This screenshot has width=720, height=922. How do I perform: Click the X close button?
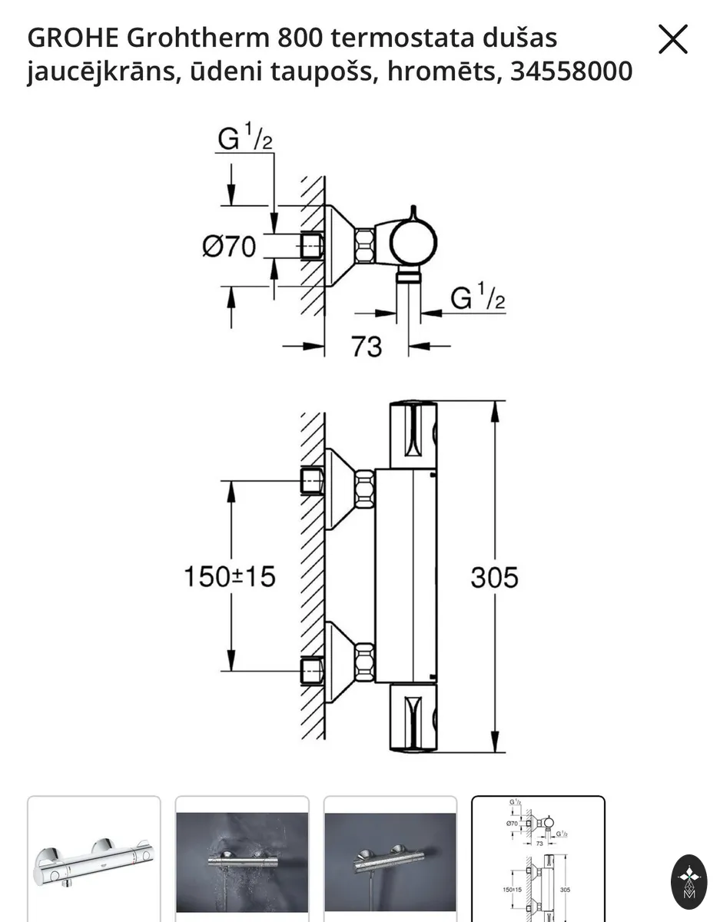click(x=672, y=39)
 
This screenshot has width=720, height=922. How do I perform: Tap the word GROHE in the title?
click(x=73, y=38)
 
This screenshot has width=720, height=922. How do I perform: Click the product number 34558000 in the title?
click(x=571, y=71)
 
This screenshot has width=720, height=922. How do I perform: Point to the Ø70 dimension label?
click(x=229, y=247)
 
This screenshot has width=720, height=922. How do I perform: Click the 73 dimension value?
click(x=367, y=347)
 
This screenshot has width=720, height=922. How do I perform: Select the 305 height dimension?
click(x=494, y=578)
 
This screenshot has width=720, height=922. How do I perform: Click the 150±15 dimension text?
click(x=230, y=576)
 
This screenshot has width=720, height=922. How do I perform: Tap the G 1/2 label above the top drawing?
click(x=245, y=136)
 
